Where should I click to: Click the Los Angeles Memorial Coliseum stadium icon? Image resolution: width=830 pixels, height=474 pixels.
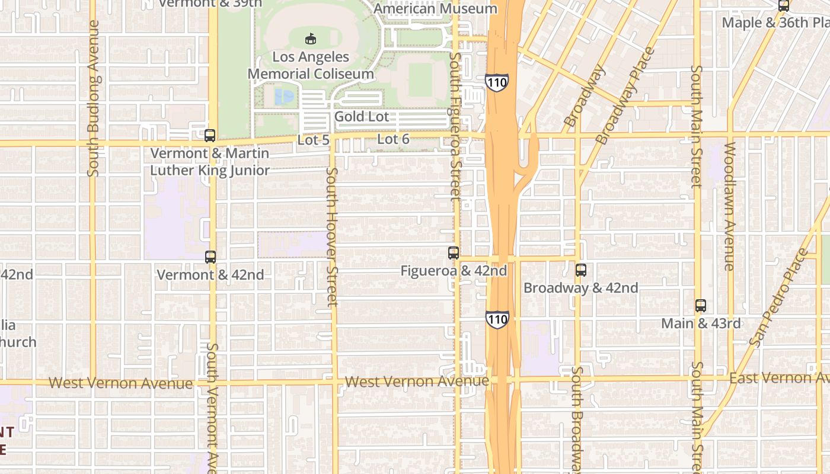[309, 39]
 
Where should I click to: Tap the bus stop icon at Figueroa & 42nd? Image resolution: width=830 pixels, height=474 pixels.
[454, 253]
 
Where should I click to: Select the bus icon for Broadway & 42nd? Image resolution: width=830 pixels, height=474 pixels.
[581, 270]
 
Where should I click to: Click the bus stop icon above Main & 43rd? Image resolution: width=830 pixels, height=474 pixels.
[701, 306]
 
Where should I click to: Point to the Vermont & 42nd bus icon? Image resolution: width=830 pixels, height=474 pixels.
[210, 257]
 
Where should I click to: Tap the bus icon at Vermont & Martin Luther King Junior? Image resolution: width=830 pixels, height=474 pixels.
[210, 136]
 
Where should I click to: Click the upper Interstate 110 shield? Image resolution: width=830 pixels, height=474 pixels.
[496, 82]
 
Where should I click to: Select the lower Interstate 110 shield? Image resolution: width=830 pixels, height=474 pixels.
[497, 319]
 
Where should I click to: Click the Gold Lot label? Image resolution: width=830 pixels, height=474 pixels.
[362, 117]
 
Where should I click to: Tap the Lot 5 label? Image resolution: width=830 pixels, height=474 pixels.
[313, 140]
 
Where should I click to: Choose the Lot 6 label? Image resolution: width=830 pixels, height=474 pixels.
[394, 139]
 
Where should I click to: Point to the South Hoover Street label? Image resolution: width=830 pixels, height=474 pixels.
[332, 237]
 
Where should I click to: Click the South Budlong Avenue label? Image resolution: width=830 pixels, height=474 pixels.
[93, 98]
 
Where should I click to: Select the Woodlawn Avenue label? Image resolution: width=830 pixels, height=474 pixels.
[729, 206]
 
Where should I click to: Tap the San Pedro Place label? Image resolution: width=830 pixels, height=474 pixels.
[778, 298]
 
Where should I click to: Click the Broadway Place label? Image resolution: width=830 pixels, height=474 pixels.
[625, 97]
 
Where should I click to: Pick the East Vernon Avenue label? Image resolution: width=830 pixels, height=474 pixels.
[779, 378]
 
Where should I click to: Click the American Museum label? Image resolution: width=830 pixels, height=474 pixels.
[435, 8]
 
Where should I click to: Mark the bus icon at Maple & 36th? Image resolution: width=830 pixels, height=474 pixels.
[784, 6]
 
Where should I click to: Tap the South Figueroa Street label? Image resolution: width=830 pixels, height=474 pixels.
[455, 126]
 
